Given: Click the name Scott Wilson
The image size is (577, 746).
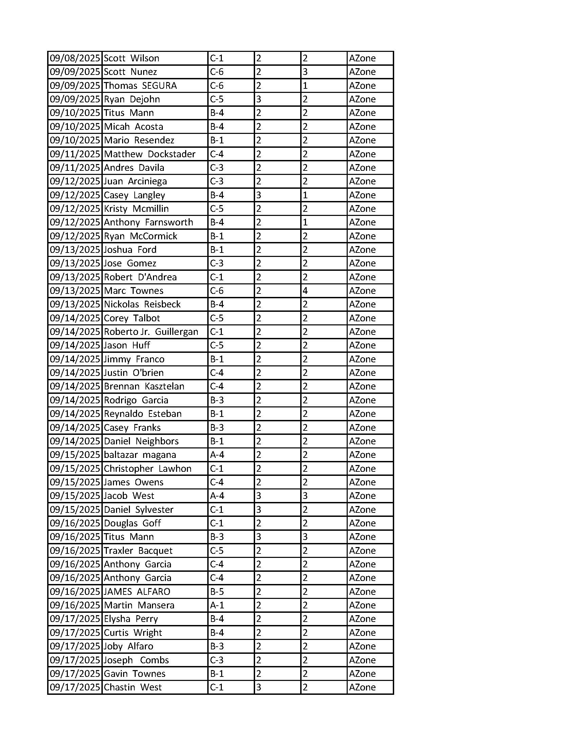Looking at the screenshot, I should tap(131, 58).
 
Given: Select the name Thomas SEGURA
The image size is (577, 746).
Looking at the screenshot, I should tap(140, 85).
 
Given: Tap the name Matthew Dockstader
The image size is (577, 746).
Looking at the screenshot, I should tap(149, 154).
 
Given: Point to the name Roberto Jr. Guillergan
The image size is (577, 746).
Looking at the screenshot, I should tap(151, 332).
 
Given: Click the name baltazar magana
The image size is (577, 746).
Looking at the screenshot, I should tap(140, 455).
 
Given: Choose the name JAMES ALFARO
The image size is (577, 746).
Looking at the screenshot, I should tap(137, 591).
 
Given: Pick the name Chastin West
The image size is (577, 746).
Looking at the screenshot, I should tap(132, 687).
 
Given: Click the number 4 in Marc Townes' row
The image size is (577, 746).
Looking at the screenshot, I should tap(305, 291).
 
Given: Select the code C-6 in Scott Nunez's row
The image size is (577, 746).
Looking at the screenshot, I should tap(217, 72).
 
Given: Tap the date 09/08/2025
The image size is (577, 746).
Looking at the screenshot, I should tap(75, 58).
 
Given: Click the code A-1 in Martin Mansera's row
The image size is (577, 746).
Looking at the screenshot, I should tap(217, 605).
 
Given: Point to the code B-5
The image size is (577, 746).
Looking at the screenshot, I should tap(217, 591).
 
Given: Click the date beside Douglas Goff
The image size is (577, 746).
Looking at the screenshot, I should tap(75, 523).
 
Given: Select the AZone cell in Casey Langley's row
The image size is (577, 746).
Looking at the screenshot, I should tap(362, 195).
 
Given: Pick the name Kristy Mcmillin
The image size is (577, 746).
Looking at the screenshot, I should tap(136, 209).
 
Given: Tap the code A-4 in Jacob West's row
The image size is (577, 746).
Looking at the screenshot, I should tap(217, 496).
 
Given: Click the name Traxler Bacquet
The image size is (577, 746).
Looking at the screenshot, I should tap(138, 550).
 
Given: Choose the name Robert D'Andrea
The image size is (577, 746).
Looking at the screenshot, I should tap(140, 277).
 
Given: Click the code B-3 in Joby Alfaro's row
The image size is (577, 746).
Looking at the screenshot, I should tap(217, 646).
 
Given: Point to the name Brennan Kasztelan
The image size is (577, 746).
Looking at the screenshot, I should tap(144, 386).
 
